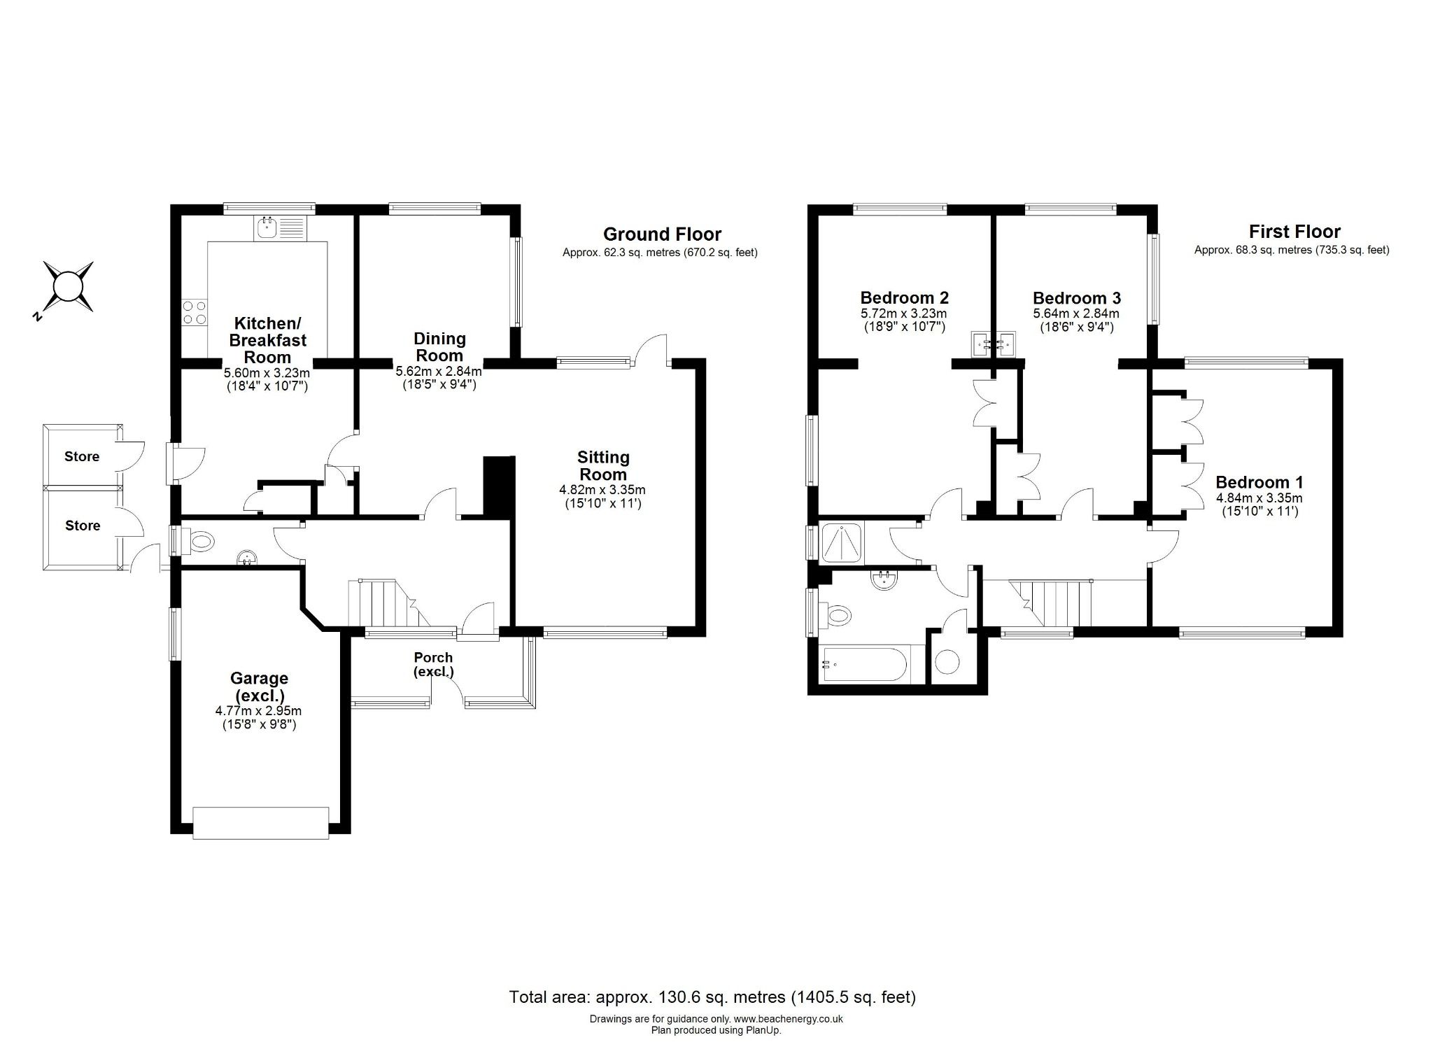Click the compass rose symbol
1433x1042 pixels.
pos(68,287)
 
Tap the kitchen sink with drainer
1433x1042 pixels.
pos(281,227)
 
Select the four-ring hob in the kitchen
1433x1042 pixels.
pos(195,312)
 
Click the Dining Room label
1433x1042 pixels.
pos(439,346)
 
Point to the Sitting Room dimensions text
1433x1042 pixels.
pos(602,496)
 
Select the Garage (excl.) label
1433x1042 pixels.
pos(259,687)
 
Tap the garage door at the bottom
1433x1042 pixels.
pos(260,823)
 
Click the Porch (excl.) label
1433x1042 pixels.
pos(433,664)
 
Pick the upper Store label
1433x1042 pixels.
pos(82,456)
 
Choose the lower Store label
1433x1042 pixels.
pos(83,526)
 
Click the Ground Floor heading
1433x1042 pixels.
pos(662,234)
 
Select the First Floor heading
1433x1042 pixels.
pos(1294,232)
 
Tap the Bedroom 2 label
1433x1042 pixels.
pos(904,297)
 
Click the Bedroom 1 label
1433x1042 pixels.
pos(1259,482)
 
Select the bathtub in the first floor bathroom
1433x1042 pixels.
pos(864,664)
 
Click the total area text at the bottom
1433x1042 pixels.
pos(712,997)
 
